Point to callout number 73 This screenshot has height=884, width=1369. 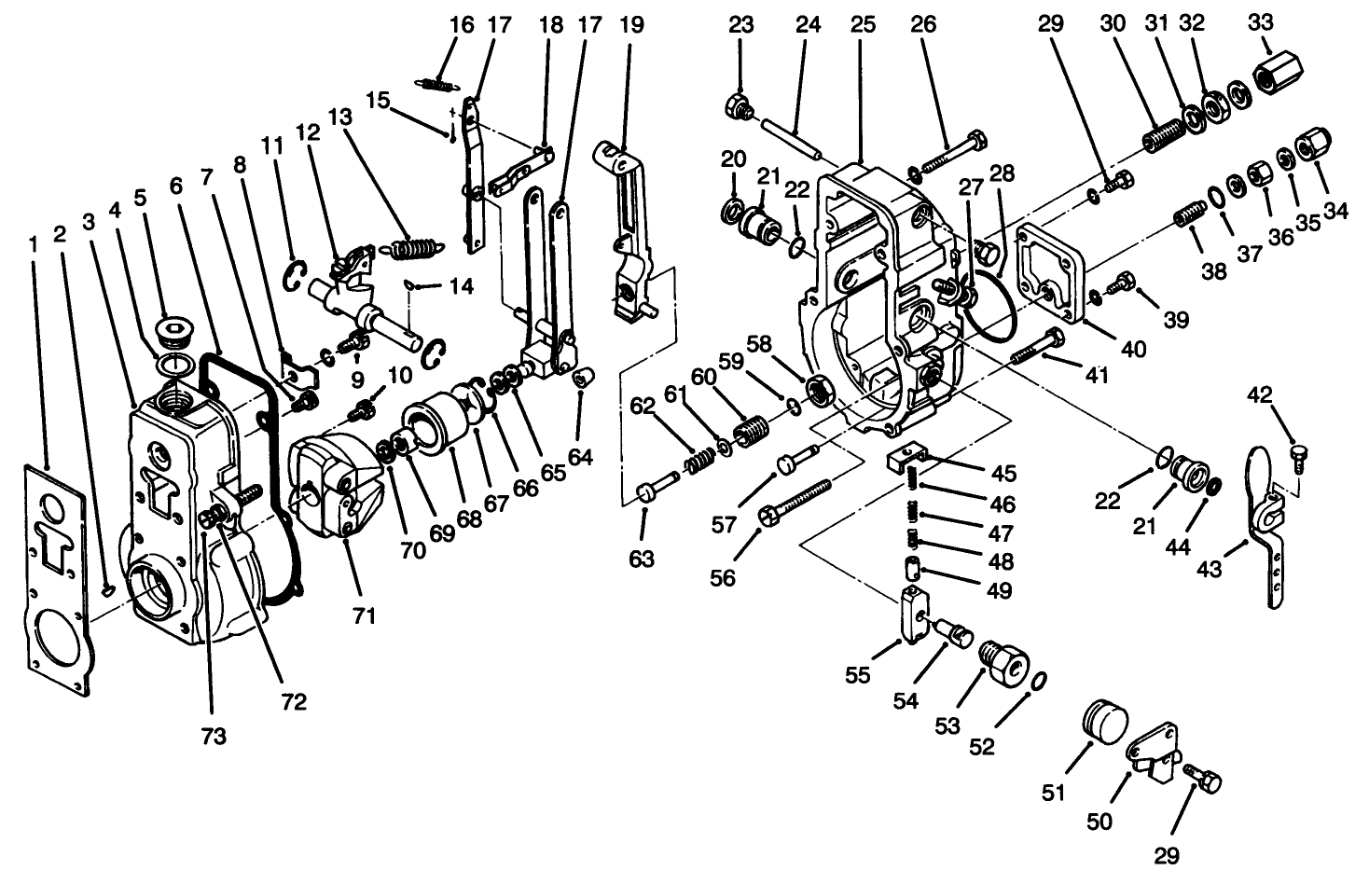(214, 737)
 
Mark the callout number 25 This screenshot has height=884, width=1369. (864, 25)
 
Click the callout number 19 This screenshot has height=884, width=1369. (631, 25)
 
